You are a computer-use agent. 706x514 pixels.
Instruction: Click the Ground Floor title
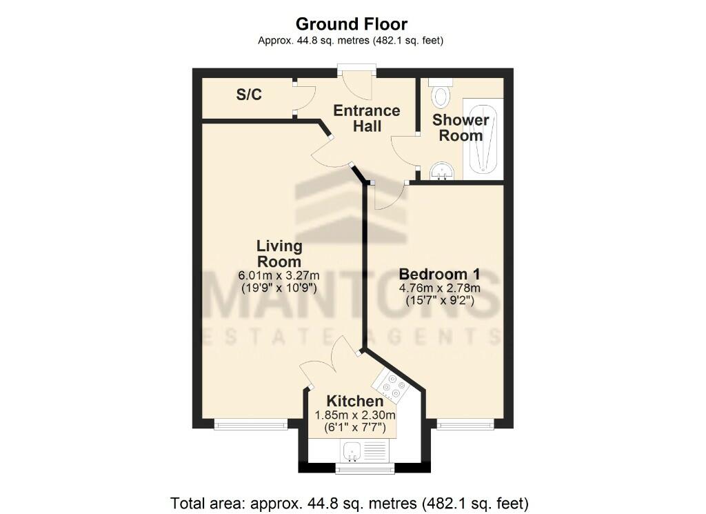click(352, 24)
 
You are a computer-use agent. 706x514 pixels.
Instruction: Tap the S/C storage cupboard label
click(249, 95)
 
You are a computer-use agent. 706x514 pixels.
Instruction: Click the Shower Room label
click(461, 128)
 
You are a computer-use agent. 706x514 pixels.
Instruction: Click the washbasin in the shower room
click(440, 172)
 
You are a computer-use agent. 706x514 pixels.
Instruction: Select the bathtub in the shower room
click(483, 138)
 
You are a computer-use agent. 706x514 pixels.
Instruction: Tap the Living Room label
click(279, 254)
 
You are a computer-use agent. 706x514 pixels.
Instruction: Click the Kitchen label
click(354, 401)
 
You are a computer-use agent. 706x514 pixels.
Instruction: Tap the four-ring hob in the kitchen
click(392, 386)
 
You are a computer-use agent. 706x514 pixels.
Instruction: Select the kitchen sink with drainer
click(365, 452)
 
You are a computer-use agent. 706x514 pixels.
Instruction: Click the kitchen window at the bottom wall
click(365, 470)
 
